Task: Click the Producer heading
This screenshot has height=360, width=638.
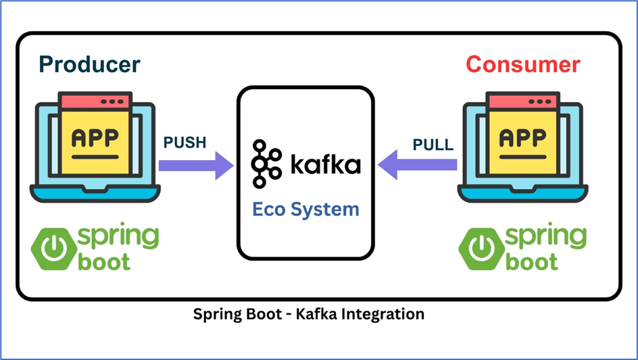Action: click(x=89, y=64)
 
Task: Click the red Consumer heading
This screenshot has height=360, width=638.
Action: click(x=523, y=64)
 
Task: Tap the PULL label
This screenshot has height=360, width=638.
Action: click(x=434, y=144)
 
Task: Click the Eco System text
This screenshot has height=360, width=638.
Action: click(x=305, y=209)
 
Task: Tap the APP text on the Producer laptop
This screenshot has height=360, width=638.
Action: click(x=95, y=137)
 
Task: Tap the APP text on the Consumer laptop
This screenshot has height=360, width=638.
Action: click(x=522, y=137)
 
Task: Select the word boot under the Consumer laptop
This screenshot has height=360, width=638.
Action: click(x=531, y=261)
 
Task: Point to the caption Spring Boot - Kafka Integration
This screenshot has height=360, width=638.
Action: click(x=308, y=314)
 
